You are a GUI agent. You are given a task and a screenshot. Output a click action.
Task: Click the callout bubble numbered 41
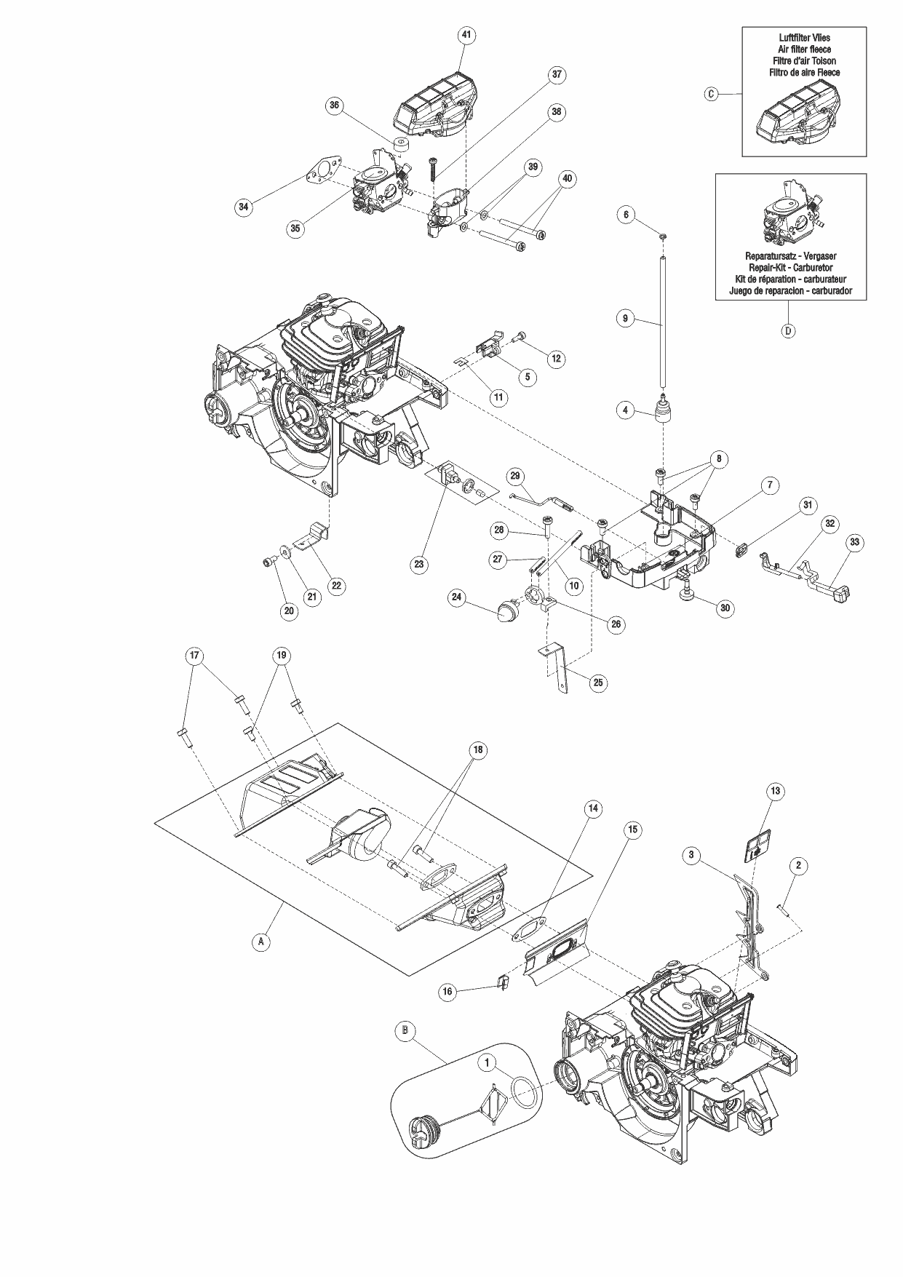(x=466, y=34)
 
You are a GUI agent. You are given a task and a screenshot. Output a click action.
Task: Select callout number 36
(x=334, y=105)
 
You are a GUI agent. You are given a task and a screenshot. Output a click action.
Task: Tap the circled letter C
(x=712, y=94)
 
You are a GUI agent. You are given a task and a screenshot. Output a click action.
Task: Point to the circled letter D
(x=788, y=330)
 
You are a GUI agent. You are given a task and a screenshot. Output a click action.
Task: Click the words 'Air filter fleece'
(x=804, y=49)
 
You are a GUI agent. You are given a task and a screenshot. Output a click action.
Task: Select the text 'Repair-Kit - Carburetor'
(x=790, y=267)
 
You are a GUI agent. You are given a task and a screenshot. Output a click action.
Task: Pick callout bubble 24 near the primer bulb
(x=456, y=597)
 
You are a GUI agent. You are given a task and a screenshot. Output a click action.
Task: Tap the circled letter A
(x=260, y=941)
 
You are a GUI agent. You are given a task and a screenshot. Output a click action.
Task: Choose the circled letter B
(x=405, y=1030)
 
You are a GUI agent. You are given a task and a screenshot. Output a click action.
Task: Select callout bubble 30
(x=725, y=608)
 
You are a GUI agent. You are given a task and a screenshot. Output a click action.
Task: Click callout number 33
(x=855, y=541)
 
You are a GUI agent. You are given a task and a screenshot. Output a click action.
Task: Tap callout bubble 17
(x=194, y=656)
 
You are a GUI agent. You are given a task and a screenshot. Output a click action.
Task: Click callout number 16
(x=447, y=991)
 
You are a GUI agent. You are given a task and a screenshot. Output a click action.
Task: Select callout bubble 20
(x=289, y=610)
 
